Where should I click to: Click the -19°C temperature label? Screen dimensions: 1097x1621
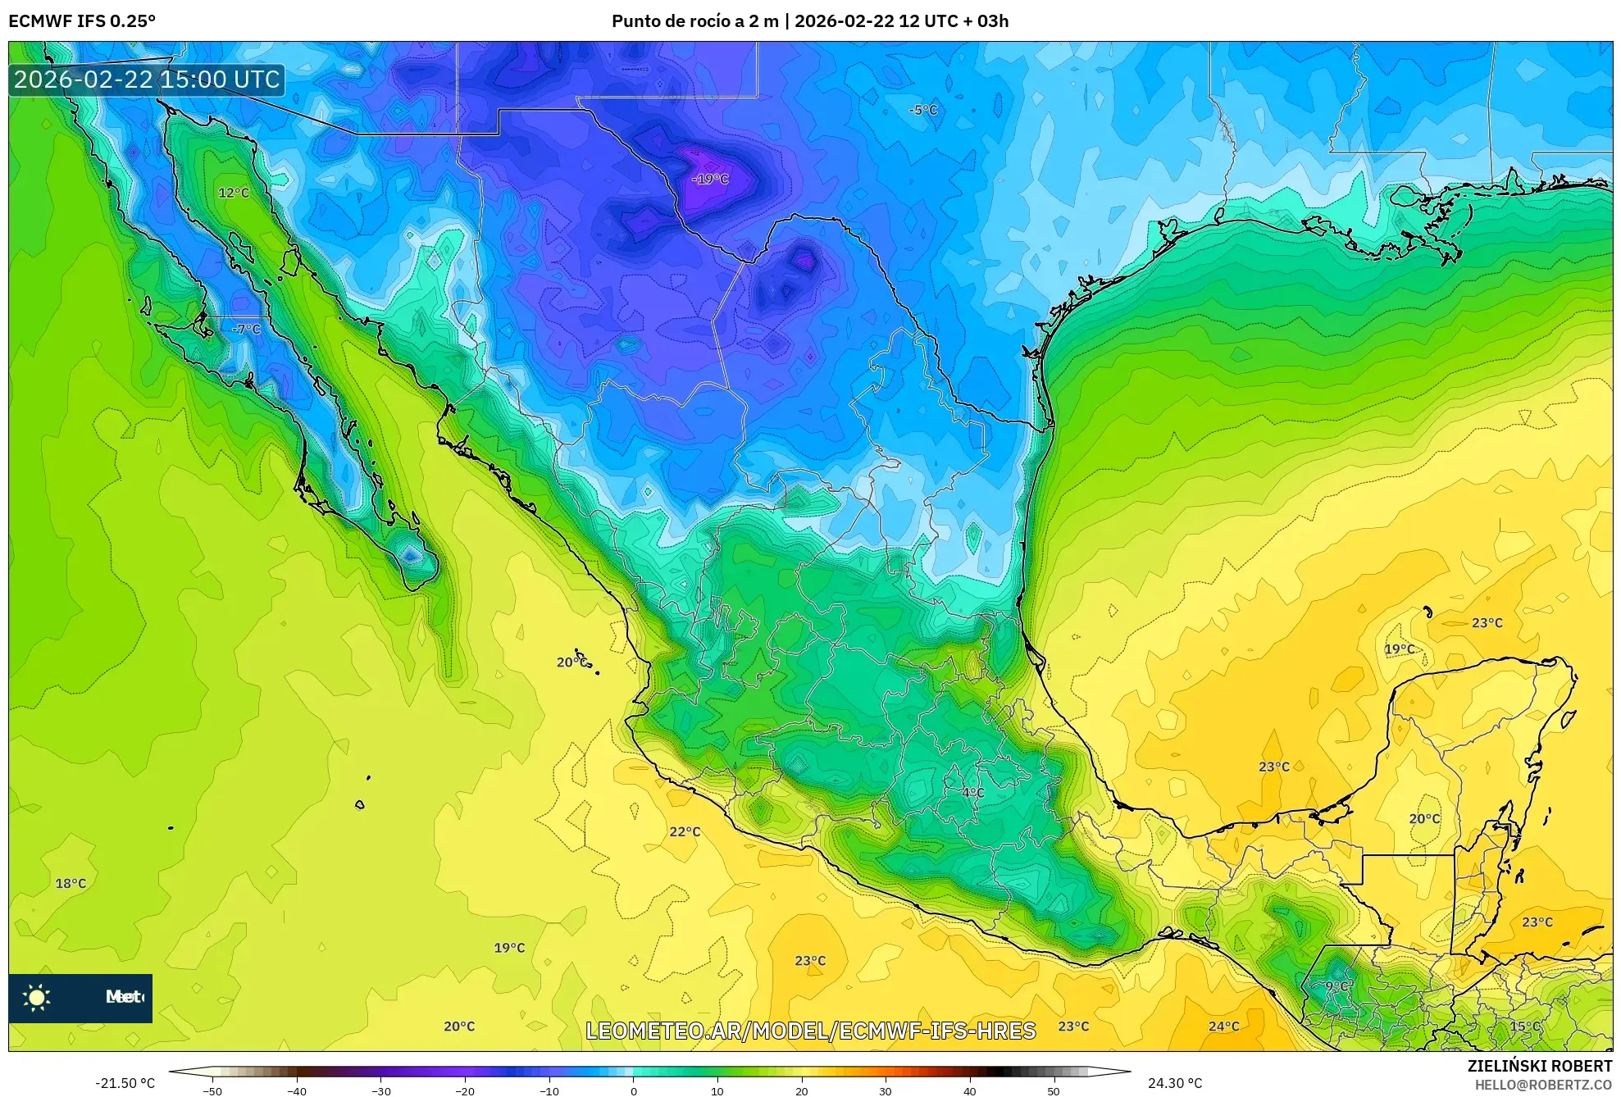[x=710, y=179]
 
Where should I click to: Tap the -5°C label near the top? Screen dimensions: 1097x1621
[x=923, y=110]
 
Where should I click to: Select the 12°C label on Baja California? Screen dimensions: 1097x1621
[x=234, y=193]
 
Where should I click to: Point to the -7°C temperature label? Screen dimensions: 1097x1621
[x=246, y=329]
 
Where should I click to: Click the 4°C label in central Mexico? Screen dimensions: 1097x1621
[x=973, y=792]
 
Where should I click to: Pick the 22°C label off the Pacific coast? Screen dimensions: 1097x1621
[x=685, y=831]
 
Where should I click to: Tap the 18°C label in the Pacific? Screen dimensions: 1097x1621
[x=71, y=883]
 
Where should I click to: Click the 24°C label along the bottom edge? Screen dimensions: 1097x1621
[x=1223, y=1026]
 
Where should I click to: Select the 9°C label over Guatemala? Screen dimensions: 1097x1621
[x=1338, y=985]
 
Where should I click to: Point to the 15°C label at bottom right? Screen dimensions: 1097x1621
[x=1525, y=1026]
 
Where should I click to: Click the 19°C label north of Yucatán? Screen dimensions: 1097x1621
[x=1400, y=649]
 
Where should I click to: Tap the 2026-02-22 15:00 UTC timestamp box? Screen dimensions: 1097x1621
[x=147, y=80]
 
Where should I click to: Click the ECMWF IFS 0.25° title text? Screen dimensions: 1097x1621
[x=82, y=21]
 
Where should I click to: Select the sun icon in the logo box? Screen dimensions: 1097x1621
[x=37, y=997]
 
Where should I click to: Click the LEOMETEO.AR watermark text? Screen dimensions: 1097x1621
[x=810, y=1031]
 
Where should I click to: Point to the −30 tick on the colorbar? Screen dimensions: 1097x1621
[x=381, y=1091]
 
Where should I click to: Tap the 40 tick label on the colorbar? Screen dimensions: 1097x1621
[x=969, y=1091]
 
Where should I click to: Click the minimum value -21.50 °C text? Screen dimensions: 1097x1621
[x=125, y=1083]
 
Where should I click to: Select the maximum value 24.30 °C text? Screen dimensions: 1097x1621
[x=1175, y=1083]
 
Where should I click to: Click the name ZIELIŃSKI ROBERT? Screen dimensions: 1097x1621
[x=1539, y=1066]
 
